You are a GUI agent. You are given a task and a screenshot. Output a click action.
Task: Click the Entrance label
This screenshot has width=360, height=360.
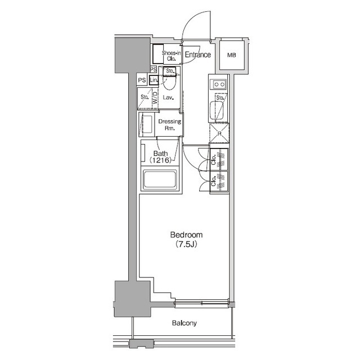pos(197,55)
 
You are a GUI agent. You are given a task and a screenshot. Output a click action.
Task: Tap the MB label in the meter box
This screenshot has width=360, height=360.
pos(231,55)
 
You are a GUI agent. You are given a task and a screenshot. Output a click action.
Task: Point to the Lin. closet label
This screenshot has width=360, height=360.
pos(153,80)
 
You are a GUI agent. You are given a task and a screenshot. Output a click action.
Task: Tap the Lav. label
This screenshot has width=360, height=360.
pos(168,98)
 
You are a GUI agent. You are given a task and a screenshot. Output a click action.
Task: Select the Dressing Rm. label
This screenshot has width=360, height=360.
pos(169,124)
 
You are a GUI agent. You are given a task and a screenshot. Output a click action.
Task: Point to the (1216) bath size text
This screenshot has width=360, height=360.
pos(160,160)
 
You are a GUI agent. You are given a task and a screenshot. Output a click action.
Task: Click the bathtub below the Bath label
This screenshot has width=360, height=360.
pos(160,181)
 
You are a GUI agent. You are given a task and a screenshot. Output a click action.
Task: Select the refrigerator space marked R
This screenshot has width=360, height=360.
pos(218,133)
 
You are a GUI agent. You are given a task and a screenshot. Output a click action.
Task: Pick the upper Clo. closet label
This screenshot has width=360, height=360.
pos(214,159)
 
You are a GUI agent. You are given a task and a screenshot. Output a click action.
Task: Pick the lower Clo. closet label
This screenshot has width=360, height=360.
pos(214,182)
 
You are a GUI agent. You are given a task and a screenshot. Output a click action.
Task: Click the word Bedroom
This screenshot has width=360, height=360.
pos(186,235)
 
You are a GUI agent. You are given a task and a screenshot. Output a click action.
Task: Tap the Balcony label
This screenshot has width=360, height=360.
pos(184,323)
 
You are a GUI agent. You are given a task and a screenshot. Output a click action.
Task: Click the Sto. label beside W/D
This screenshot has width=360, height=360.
pos(144,97)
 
